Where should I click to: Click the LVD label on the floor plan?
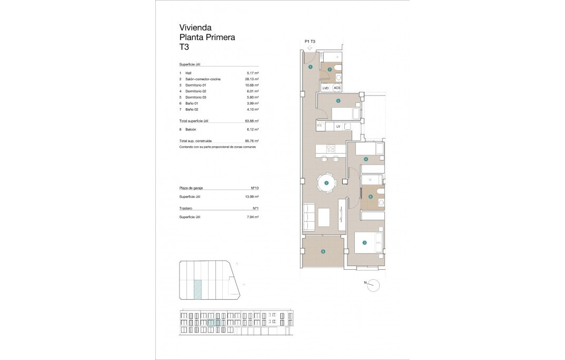point(326,88)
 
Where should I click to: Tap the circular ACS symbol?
point(337,88)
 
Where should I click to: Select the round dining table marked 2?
point(326,183)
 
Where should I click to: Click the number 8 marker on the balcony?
point(323,252)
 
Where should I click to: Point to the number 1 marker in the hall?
point(310,67)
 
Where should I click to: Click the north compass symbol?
point(373,285)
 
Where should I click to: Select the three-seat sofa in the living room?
point(308,218)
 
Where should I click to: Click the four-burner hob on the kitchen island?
point(330,148)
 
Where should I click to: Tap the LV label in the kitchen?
point(338,127)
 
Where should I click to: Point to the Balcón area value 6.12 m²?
point(253,129)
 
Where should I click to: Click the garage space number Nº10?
point(254,188)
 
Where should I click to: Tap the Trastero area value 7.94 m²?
point(253,217)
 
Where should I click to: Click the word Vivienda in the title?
point(196,27)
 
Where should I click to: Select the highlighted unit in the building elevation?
point(213,323)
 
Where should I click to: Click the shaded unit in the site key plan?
point(197,290)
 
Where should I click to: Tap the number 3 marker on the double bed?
point(364,243)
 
